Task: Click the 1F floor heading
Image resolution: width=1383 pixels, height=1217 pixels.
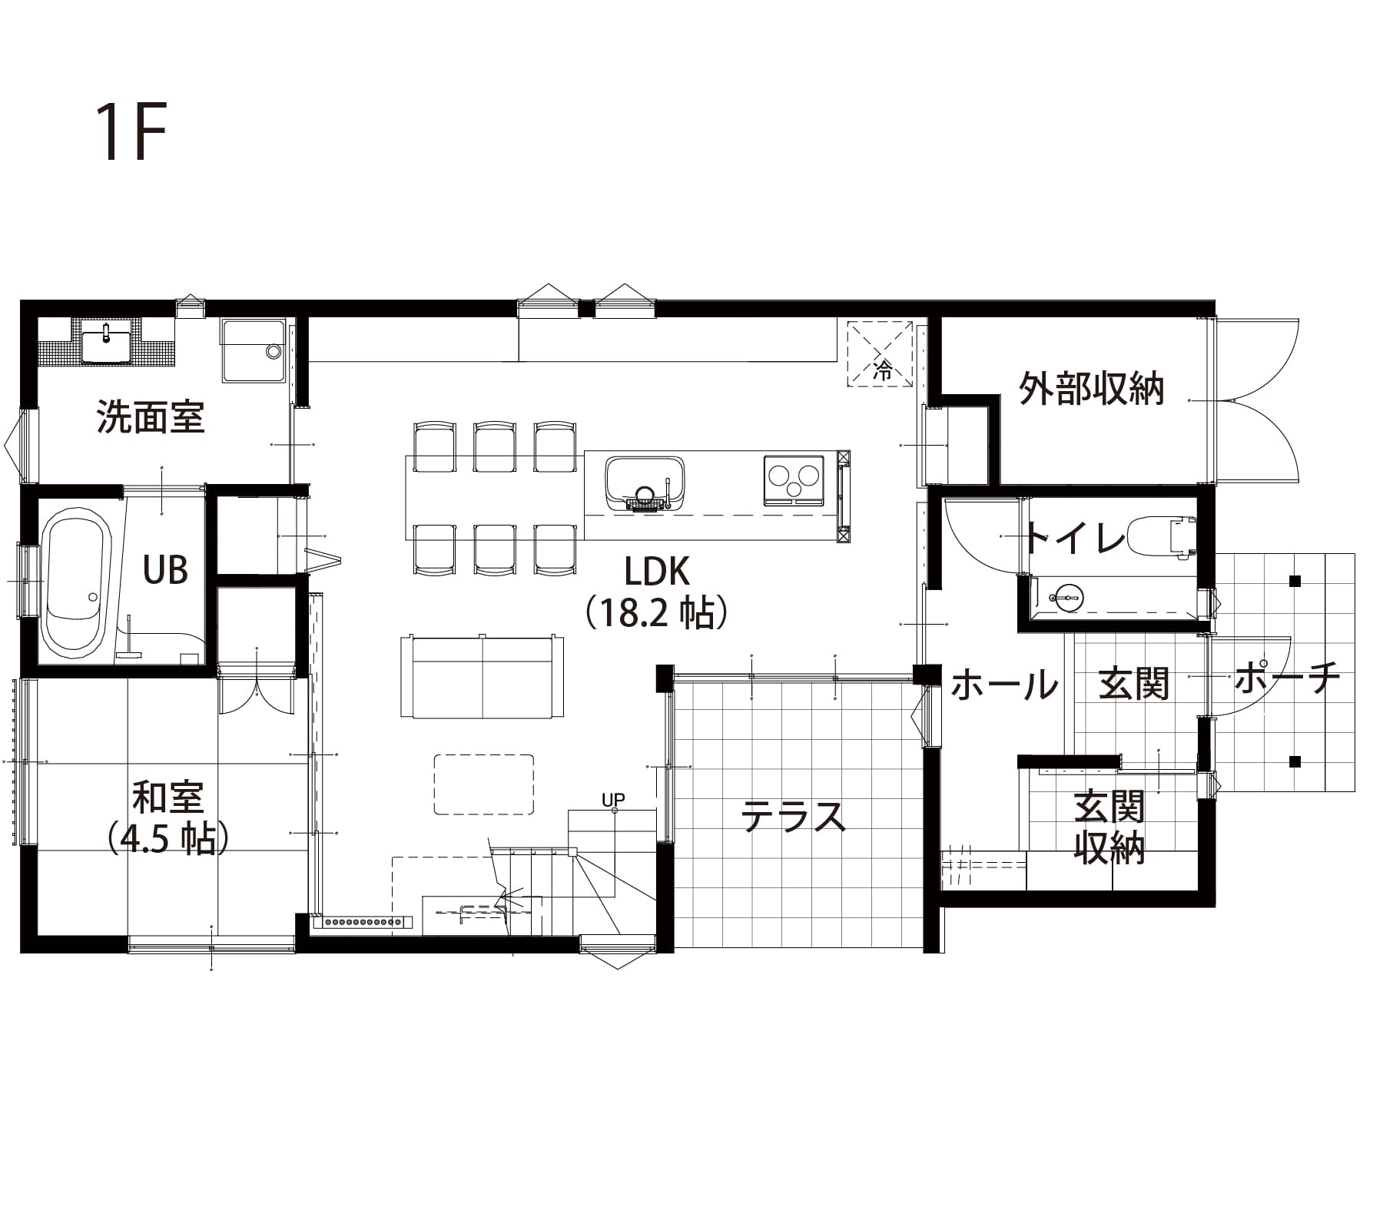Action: point(131,132)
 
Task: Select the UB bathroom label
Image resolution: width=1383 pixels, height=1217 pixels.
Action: point(166,570)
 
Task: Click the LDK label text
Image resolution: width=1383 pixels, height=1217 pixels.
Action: point(657,572)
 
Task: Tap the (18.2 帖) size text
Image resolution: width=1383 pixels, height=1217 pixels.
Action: point(657,613)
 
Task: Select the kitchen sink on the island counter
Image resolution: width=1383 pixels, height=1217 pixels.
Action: point(645,482)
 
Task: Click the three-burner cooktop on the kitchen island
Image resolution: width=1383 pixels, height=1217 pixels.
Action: point(794,480)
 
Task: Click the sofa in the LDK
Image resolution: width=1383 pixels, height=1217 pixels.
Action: point(483,676)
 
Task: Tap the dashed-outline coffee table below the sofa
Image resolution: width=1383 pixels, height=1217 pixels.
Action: point(484,784)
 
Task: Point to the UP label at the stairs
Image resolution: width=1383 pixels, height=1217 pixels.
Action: point(613,800)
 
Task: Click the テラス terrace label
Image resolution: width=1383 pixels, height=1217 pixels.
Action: point(794,816)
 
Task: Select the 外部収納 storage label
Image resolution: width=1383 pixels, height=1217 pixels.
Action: point(1092,389)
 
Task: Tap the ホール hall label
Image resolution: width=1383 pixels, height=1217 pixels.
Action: point(1004,684)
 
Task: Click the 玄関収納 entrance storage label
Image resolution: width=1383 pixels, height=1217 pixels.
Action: point(1109,827)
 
